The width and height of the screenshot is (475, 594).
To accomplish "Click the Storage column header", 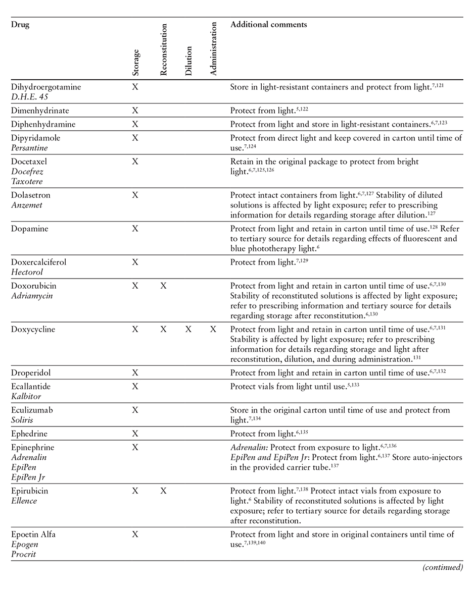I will [135, 62].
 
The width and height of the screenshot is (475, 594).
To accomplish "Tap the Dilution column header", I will [188, 61].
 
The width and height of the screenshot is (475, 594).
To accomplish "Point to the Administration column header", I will [213, 48].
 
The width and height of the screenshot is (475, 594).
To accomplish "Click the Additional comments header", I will [268, 24].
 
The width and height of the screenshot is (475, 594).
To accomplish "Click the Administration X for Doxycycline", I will [213, 329].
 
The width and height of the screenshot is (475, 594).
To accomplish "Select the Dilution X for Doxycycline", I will [188, 329].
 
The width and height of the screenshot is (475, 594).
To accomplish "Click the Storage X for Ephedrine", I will [135, 434].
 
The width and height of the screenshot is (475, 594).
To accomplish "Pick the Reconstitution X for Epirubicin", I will [163, 491].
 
